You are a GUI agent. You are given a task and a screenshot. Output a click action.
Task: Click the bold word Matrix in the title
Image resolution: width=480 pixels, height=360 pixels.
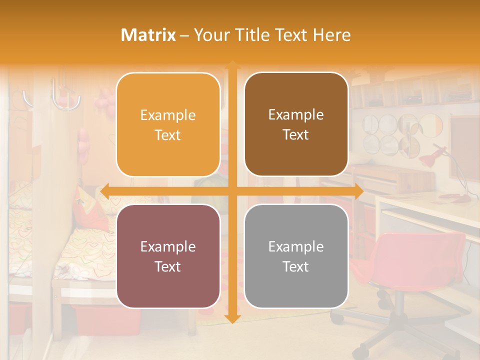(148, 35)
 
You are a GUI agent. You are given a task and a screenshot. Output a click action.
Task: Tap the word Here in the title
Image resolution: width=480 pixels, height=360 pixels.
(331, 35)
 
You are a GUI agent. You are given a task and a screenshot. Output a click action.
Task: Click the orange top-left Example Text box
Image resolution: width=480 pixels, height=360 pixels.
(168, 124)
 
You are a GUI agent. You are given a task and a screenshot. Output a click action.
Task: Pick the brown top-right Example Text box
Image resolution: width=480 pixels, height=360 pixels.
(296, 124)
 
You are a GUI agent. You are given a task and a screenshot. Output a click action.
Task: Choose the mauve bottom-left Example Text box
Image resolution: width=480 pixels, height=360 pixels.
(168, 256)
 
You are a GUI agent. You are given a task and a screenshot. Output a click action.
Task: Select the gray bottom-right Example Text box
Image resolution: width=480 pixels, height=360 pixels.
(296, 256)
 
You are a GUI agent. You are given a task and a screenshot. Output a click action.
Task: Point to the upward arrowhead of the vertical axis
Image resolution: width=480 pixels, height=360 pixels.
(232, 64)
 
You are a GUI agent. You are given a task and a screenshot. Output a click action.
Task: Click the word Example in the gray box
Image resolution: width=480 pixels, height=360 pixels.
(296, 246)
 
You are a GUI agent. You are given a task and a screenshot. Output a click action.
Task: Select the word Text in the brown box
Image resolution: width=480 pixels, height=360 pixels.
(296, 134)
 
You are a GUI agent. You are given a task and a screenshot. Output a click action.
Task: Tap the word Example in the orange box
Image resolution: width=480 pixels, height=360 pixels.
(168, 115)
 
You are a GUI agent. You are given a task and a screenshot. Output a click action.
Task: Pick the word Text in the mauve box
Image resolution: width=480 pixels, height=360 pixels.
(168, 266)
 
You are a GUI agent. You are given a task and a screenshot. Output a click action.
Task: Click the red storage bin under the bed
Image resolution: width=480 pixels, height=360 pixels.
(100, 320)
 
